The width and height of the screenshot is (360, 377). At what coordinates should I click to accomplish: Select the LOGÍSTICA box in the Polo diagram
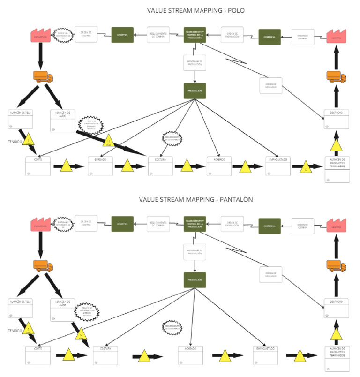pyautogui.click(x=122, y=35)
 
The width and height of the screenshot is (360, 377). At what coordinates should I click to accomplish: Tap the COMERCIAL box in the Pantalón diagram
pyautogui.click(x=270, y=226)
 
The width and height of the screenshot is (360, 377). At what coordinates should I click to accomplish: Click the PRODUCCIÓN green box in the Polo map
pyautogui.click(x=195, y=90)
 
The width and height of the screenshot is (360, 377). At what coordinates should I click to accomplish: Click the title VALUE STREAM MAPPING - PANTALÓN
pyautogui.click(x=196, y=199)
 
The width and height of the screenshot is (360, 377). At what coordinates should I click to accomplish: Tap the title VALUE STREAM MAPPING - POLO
pyautogui.click(x=195, y=10)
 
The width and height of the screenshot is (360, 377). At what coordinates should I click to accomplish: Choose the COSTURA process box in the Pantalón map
pyautogui.click(x=105, y=355)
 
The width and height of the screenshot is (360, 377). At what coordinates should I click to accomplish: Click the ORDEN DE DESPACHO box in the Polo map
pyautogui.click(x=271, y=85)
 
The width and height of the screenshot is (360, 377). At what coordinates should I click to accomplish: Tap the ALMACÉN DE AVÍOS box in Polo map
pyautogui.click(x=62, y=120)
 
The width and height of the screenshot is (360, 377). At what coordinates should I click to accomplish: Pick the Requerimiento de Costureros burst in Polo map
pyautogui.click(x=172, y=138)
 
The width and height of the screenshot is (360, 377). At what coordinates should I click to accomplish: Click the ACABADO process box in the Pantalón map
pyautogui.click(x=190, y=355)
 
